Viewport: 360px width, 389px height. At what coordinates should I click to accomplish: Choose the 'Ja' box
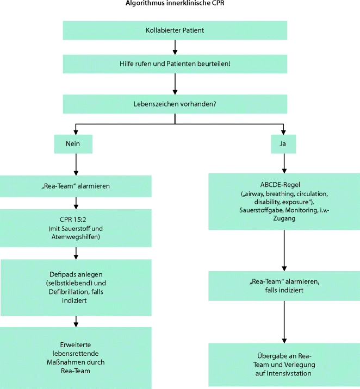pyautogui.click(x=284, y=143)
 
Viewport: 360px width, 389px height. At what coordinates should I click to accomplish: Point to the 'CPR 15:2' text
pyautogui.click(x=76, y=218)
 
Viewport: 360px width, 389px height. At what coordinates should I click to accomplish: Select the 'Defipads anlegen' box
pyautogui.click(x=76, y=287)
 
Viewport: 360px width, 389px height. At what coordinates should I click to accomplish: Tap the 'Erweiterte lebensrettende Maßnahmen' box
pyautogui.click(x=76, y=357)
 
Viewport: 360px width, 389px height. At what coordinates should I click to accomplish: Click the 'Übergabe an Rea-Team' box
pyautogui.click(x=284, y=364)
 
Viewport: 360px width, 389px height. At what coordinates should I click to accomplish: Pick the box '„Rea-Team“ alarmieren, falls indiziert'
pyautogui.click(x=284, y=286)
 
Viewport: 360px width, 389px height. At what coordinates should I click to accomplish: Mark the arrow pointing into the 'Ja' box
pyautogui.click(x=284, y=129)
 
